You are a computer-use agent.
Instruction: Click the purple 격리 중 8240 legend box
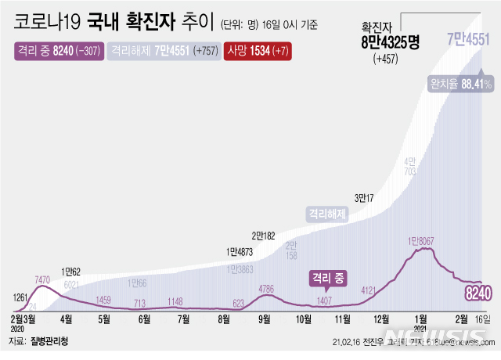point(56,51)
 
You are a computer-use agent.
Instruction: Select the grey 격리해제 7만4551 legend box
point(162,51)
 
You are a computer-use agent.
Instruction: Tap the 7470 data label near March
point(44,279)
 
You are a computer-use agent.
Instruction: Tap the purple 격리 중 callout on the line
point(328,277)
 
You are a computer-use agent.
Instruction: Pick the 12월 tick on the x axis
point(382,319)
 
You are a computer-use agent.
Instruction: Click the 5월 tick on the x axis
point(104,319)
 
